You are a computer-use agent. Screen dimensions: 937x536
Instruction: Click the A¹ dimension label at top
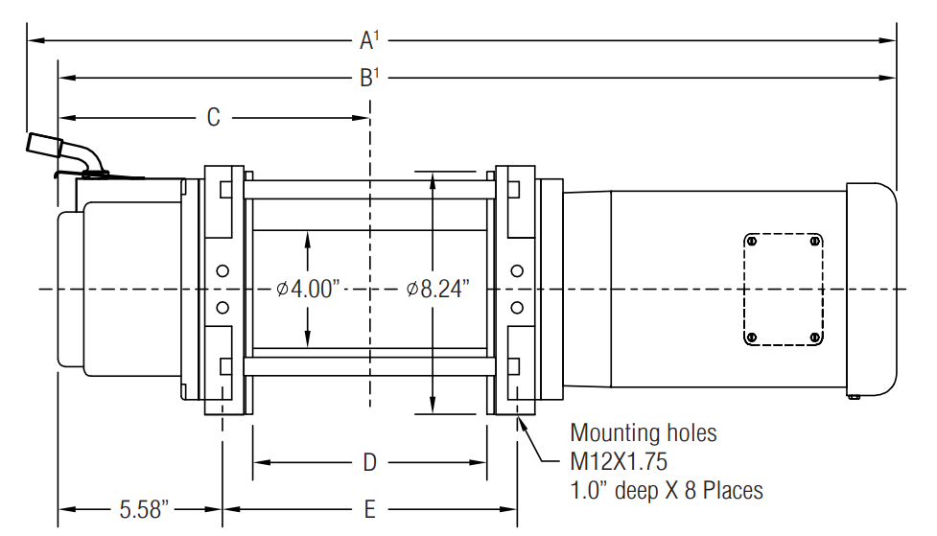coord(369,40)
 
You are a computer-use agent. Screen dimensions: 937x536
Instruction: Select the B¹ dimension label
coord(369,78)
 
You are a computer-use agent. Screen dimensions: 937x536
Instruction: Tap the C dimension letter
coord(213,117)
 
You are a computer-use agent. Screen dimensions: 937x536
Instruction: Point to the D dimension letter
coord(370,462)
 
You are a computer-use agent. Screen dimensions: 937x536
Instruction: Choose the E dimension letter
coord(370,509)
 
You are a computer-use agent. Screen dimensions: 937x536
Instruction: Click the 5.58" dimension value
coord(144,510)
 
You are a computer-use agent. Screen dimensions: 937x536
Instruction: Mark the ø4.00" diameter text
coord(309,290)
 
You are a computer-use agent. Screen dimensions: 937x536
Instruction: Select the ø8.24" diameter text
coord(438,290)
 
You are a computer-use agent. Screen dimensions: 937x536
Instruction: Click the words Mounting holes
coord(643,432)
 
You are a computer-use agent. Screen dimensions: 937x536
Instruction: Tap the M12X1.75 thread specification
coord(619,461)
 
